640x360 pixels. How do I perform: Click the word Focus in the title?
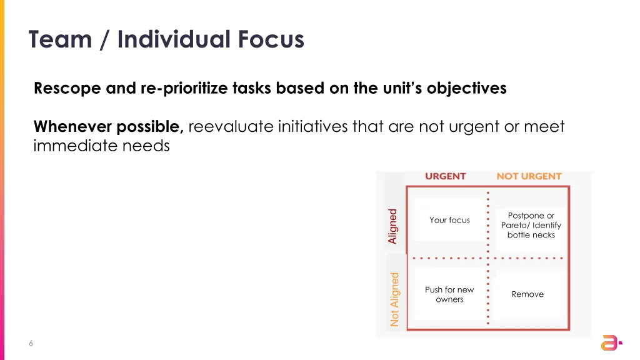(x=268, y=40)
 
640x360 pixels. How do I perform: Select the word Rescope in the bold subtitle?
(x=67, y=89)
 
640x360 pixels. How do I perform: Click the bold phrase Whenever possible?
(x=108, y=127)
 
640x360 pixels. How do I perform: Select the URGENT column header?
(x=446, y=176)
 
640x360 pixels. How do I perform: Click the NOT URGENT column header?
(x=529, y=176)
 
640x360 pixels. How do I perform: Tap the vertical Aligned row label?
(x=392, y=226)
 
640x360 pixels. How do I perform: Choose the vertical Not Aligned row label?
(x=394, y=299)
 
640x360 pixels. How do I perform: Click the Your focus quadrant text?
(x=449, y=220)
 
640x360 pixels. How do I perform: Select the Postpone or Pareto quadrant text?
(x=531, y=220)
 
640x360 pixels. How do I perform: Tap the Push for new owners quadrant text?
(x=449, y=294)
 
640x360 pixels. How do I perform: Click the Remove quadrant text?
(x=527, y=294)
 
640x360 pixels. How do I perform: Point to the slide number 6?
(x=31, y=343)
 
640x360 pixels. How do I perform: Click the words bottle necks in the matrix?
(x=531, y=235)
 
